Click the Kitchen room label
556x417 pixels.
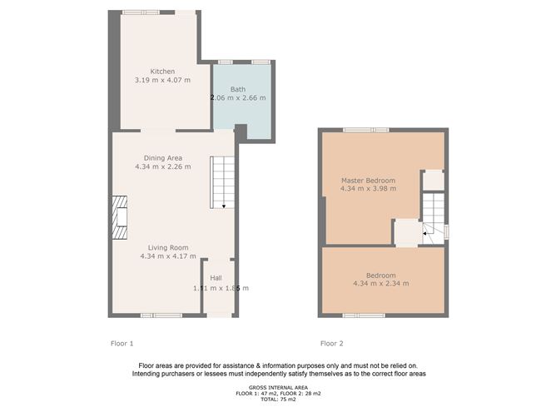[x=162, y=71]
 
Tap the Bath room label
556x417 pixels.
[x=238, y=88]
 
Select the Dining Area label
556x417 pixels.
[x=163, y=157]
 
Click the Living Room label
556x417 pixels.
[x=169, y=247]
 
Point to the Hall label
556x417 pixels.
[x=216, y=278]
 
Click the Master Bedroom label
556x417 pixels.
[x=368, y=180]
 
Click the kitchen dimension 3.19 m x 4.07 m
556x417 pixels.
[x=162, y=80]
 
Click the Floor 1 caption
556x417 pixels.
[x=122, y=343]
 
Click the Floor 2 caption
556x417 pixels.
[x=332, y=343]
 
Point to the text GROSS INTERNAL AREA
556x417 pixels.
[x=278, y=387]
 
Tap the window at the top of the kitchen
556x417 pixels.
[x=159, y=12]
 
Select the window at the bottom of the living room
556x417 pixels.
[x=161, y=315]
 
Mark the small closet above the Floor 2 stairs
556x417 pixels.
[x=434, y=180]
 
